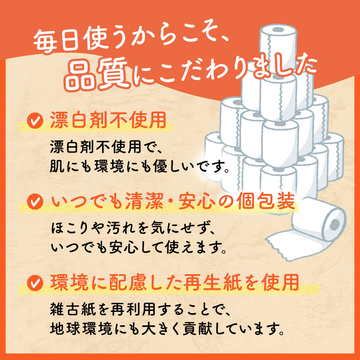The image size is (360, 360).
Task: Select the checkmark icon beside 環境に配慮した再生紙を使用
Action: click(x=35, y=283)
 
